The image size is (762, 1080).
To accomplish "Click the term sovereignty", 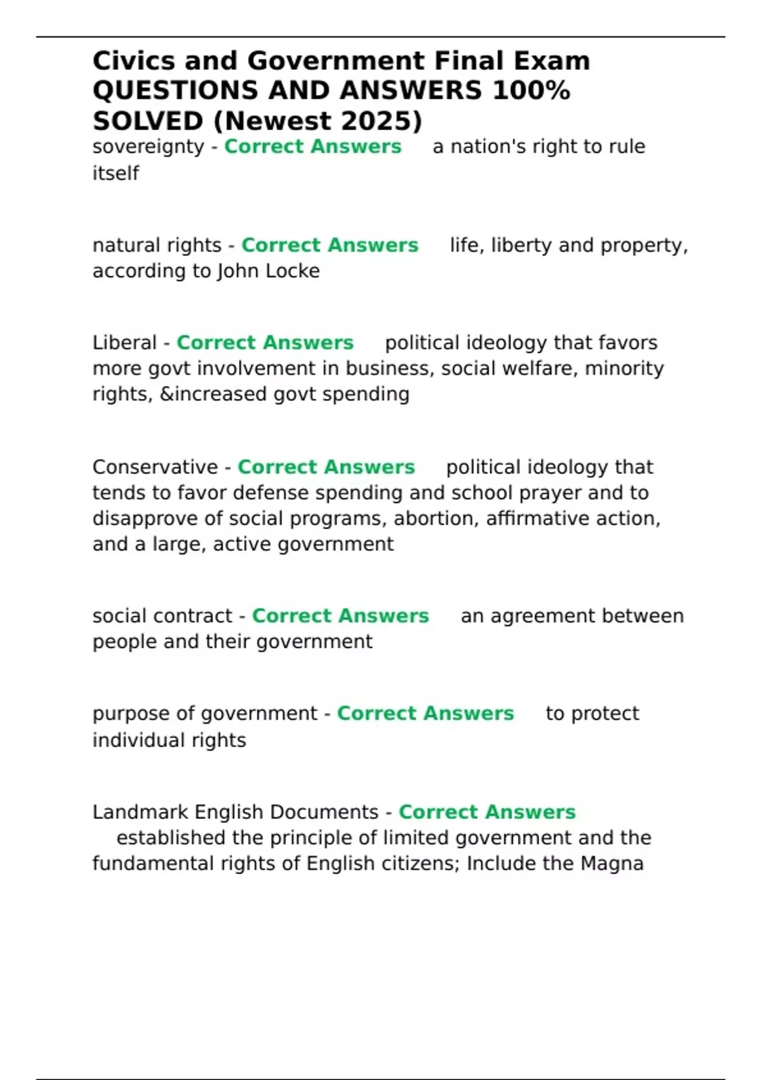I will [x=148, y=147].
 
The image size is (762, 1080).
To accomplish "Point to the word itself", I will [x=116, y=173].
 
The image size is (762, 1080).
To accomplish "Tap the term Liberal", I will [x=124, y=343].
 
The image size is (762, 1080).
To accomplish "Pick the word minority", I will [x=624, y=368].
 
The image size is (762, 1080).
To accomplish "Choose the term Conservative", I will [x=155, y=467].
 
